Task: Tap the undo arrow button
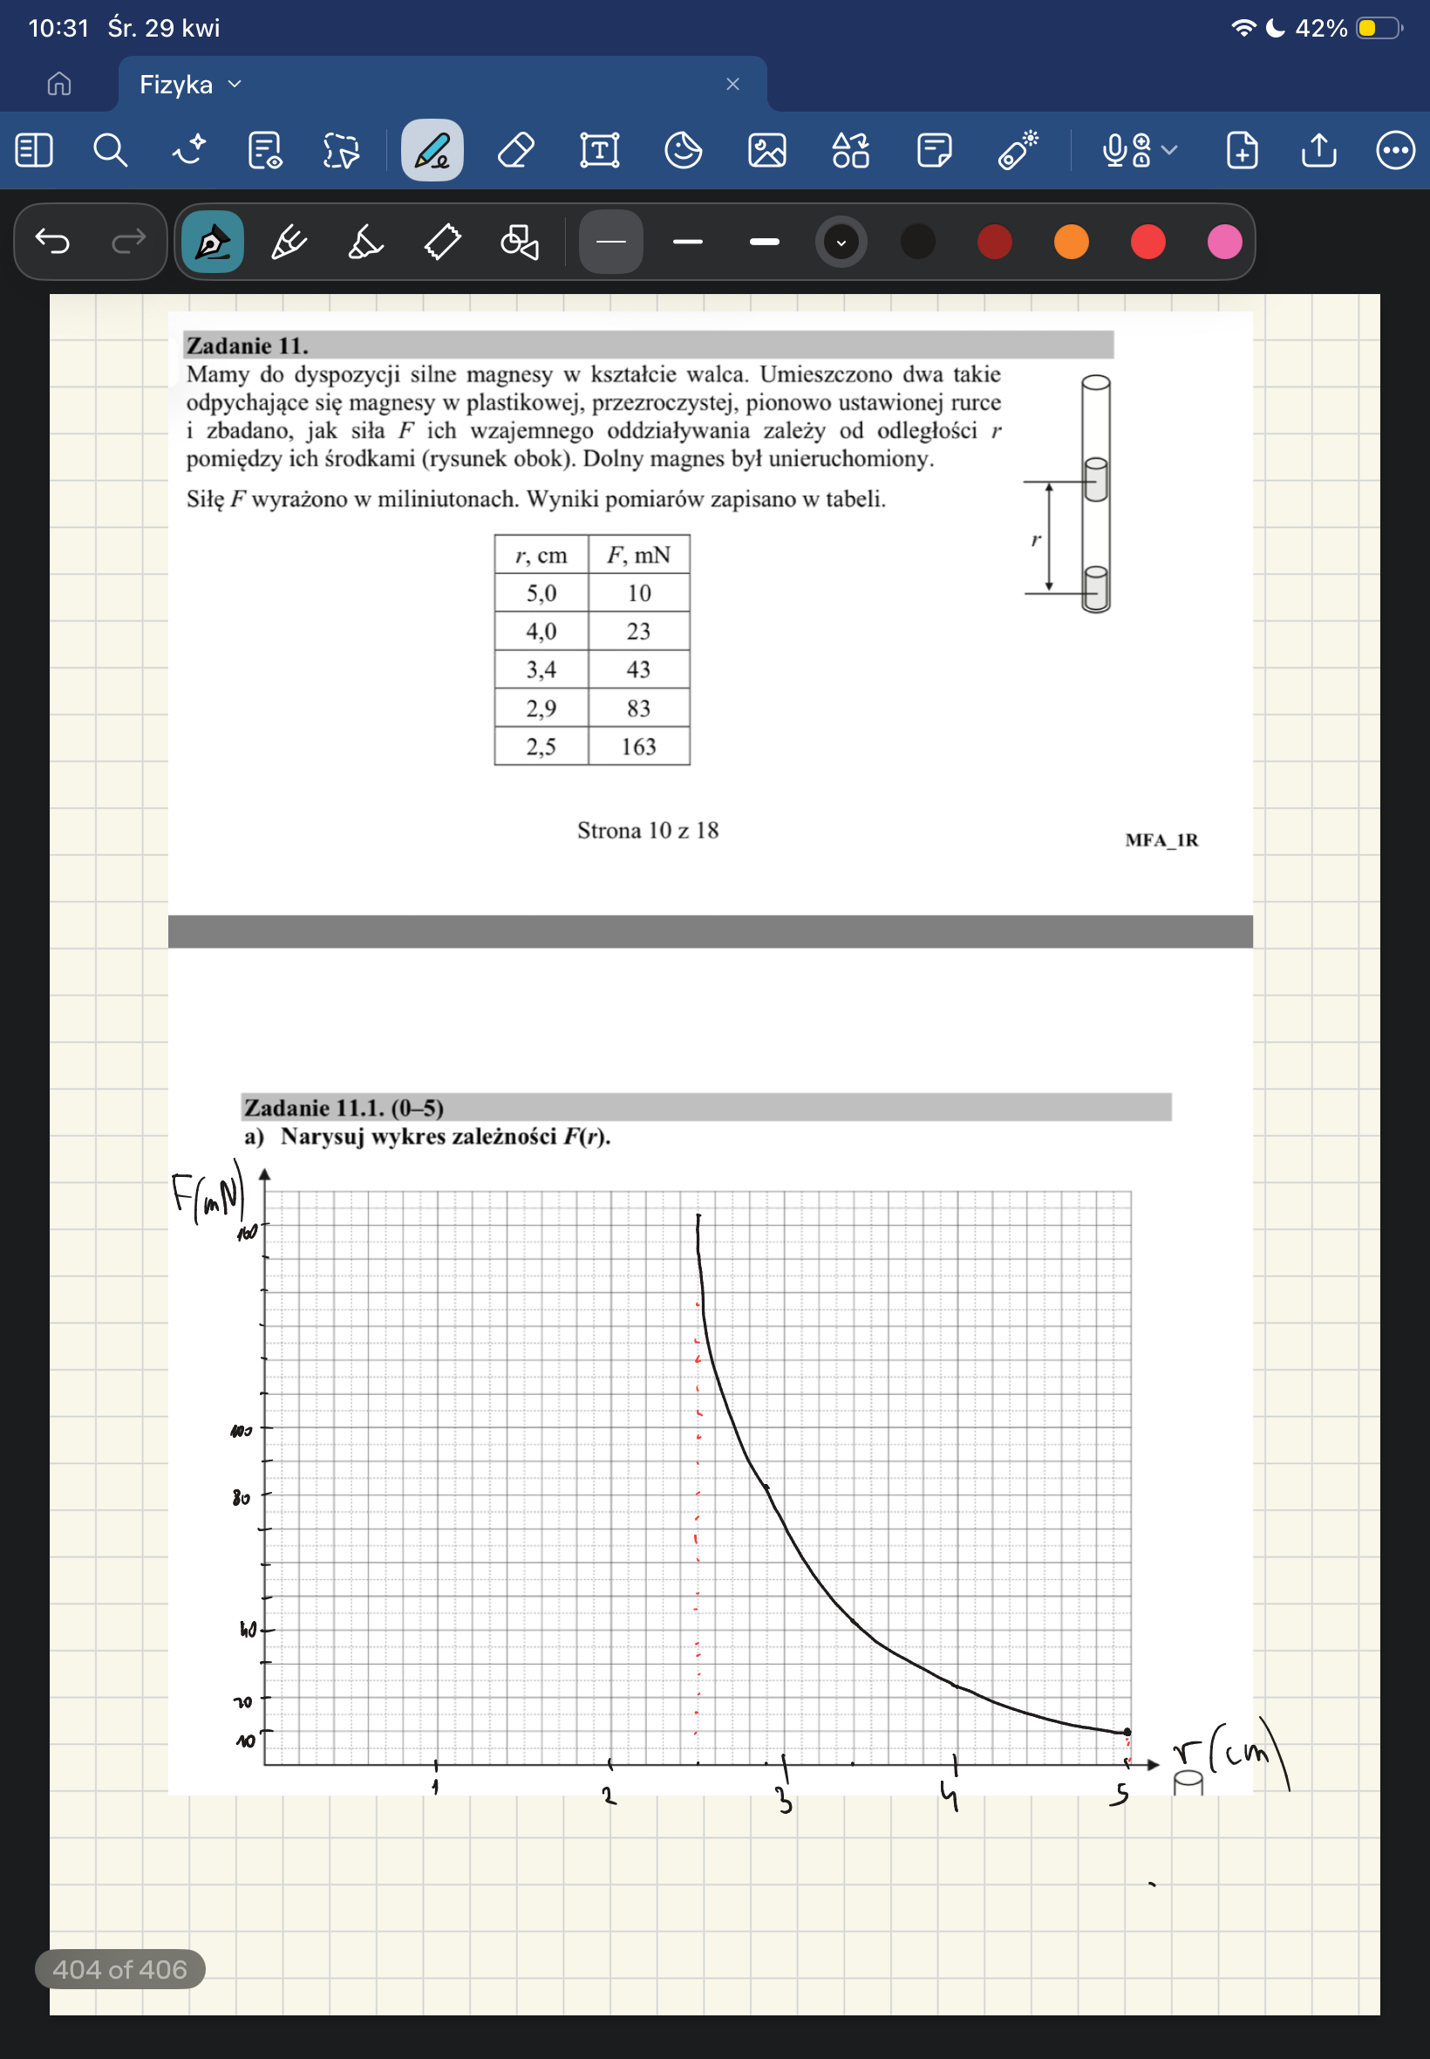point(53,241)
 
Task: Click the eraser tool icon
point(516,150)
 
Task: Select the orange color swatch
point(1071,241)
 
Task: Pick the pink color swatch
point(1224,241)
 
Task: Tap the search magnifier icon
point(110,150)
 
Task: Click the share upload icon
point(1318,150)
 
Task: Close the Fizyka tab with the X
point(732,85)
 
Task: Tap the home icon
point(59,85)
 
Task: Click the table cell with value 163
point(638,746)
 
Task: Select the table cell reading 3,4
point(541,669)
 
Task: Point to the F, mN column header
point(638,555)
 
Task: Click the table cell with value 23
point(638,631)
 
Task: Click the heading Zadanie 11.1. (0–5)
point(344,1108)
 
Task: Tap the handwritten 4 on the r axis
point(950,1795)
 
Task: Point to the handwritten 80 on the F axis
point(241,1497)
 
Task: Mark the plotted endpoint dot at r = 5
point(1127,1732)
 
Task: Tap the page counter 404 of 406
point(120,1968)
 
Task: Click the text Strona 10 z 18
point(647,830)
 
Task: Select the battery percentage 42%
point(1321,29)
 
